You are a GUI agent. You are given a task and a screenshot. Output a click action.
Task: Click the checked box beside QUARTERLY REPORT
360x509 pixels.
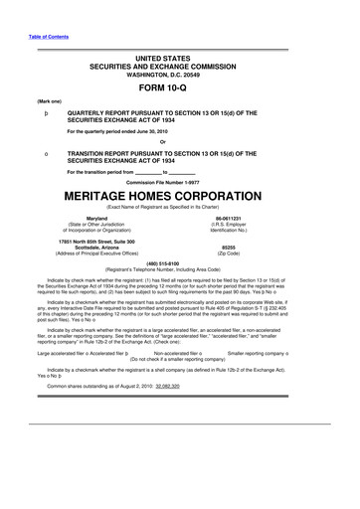coord(36,114)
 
